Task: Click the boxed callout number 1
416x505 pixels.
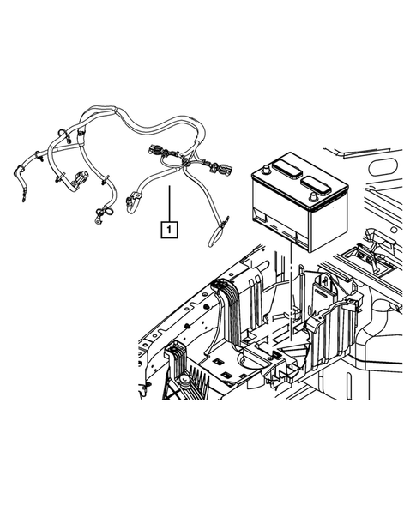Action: (170, 229)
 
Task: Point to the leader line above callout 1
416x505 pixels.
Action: (170, 201)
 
